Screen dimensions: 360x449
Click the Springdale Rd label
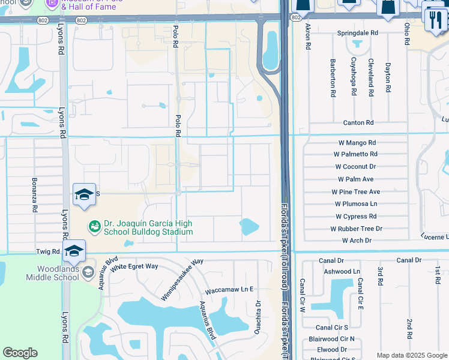[x=357, y=33]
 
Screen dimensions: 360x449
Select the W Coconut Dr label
[x=355, y=167]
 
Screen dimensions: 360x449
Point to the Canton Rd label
[x=358, y=123]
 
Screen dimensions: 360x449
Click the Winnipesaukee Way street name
[x=182, y=280]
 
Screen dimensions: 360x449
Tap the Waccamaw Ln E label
[x=229, y=289]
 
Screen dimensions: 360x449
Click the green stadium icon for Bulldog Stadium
[x=94, y=227]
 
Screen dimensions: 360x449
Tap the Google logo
[x=20, y=353]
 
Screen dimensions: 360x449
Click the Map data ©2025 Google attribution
[x=411, y=355]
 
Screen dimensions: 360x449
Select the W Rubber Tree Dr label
[x=356, y=229]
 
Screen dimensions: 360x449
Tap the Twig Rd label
[x=47, y=252]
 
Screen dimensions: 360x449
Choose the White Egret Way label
[x=137, y=266]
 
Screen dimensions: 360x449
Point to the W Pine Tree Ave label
[x=356, y=192]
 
